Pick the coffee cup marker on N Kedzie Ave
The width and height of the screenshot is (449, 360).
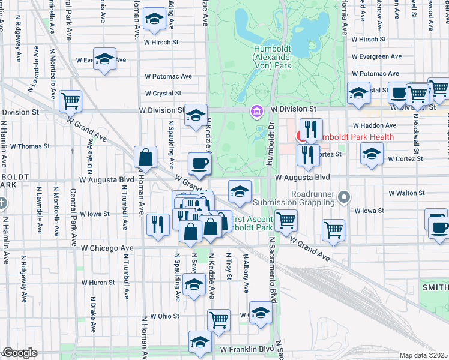click(x=199, y=163)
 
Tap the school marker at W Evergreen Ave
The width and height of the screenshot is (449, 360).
click(x=105, y=59)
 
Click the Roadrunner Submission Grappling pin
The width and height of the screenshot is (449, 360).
click(x=344, y=196)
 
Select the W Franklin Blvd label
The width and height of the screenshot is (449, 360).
click(x=247, y=349)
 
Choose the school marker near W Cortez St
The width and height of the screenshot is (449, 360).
click(x=372, y=154)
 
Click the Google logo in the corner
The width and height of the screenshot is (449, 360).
click(x=19, y=353)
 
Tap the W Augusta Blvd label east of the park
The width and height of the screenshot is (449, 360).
click(x=303, y=178)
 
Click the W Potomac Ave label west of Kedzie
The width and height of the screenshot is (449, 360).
click(x=169, y=76)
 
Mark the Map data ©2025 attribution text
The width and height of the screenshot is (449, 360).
click(x=423, y=355)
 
